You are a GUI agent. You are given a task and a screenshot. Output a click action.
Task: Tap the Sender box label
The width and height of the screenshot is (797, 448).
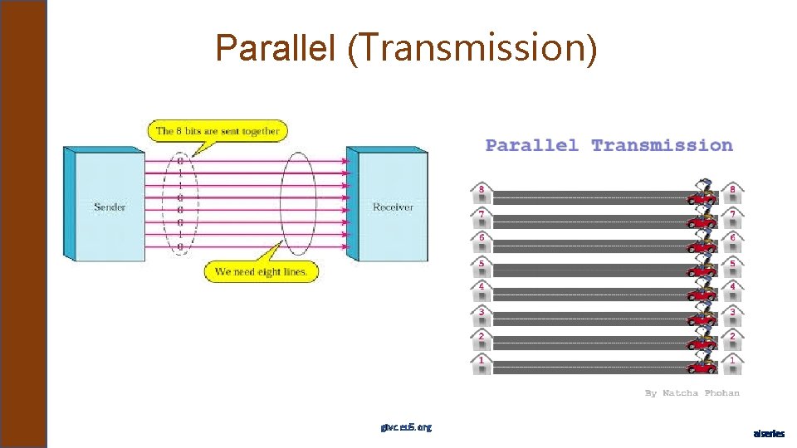tap(110, 207)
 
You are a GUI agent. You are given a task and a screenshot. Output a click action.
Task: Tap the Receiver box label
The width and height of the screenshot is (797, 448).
tap(393, 207)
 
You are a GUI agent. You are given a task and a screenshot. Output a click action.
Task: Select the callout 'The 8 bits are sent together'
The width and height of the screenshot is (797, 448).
tap(218, 130)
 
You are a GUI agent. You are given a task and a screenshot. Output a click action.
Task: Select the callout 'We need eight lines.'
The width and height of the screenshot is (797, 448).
tap(261, 271)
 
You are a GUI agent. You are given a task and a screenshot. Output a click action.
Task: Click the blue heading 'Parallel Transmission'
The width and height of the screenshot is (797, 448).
tap(609, 145)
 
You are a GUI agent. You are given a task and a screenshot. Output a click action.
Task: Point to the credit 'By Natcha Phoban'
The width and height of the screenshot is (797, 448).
tap(692, 392)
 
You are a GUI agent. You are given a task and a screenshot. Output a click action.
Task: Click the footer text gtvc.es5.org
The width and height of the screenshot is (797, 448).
tap(406, 427)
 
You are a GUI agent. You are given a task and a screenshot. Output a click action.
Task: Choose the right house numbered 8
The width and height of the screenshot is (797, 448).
tap(731, 193)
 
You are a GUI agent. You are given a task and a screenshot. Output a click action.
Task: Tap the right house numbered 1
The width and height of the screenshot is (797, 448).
tap(731, 363)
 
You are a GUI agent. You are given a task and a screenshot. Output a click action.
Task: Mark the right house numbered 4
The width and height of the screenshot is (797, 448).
tap(731, 290)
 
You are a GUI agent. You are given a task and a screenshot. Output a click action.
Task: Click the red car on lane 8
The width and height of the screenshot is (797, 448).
tap(702, 197)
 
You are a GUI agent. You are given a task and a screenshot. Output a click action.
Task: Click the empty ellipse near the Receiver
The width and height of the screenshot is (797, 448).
tap(298, 203)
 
